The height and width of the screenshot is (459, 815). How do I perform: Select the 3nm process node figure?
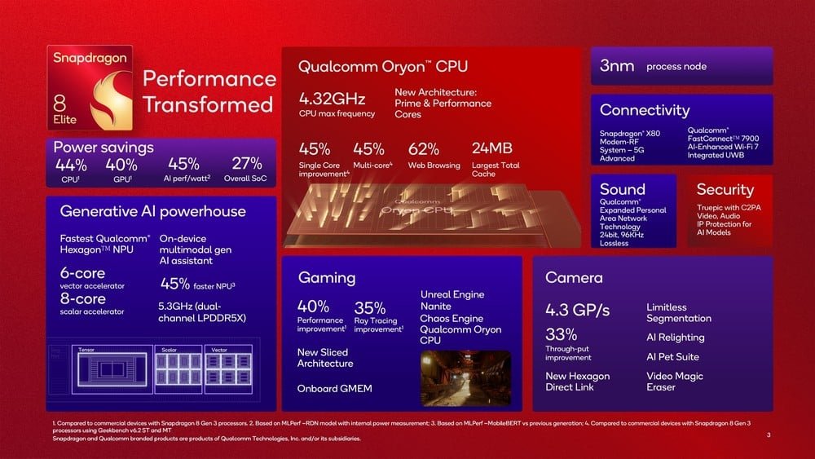(616, 66)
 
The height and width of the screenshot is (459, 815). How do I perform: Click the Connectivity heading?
(644, 110)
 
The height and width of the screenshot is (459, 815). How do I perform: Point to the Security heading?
(725, 189)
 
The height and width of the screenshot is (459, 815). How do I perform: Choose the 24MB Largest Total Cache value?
(492, 149)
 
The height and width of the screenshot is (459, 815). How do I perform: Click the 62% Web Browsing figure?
(424, 149)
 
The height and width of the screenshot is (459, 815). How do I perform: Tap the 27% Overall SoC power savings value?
(246, 164)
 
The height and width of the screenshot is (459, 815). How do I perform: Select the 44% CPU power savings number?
(71, 164)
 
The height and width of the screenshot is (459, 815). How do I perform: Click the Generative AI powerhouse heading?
(152, 212)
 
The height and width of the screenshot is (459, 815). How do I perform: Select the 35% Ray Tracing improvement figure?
(370, 308)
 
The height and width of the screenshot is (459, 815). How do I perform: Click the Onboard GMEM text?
(334, 388)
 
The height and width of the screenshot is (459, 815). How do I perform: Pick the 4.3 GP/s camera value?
(577, 311)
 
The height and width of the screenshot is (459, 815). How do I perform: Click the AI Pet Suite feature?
(672, 356)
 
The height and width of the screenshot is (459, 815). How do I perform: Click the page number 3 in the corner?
(769, 435)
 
